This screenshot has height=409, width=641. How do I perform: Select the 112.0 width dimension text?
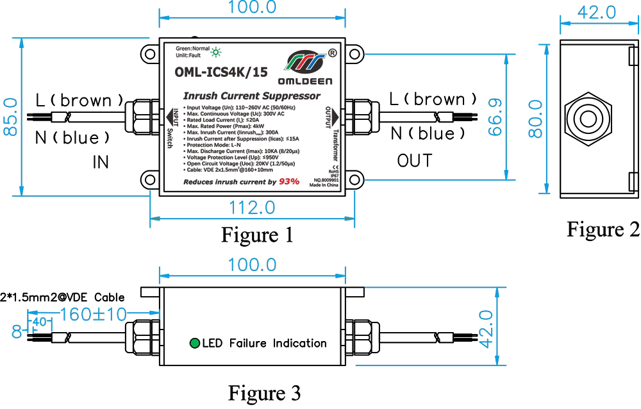pos(252,207)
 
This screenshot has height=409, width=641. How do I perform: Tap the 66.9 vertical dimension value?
pos(494,117)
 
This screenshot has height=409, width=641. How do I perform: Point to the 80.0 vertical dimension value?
pos(535,118)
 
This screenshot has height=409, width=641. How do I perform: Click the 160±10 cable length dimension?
pos(93,315)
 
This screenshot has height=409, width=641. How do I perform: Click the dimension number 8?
pos(16,331)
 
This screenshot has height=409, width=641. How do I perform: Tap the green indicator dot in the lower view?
pos(194,344)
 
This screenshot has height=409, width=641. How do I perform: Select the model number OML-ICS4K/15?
pos(221,72)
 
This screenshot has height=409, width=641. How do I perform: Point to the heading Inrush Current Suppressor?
pos(251,96)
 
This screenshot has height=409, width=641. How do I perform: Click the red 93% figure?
pos(288,182)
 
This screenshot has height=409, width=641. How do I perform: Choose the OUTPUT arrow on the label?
pos(333,117)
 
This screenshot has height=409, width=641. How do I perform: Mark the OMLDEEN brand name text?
pos(306,81)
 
